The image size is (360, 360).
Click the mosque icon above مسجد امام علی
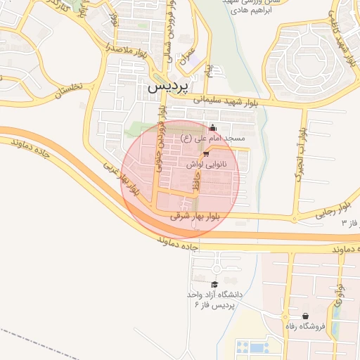pos(213,128)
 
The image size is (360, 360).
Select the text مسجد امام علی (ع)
pos(213,139)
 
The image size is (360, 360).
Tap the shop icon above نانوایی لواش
pos(206,153)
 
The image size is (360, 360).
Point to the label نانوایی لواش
pos(206,163)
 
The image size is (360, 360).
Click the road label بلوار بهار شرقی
pos(195,217)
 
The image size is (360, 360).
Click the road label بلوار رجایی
pos(332,211)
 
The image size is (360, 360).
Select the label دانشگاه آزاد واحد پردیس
pos(216,300)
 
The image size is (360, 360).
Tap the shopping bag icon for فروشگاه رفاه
pos(305,316)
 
